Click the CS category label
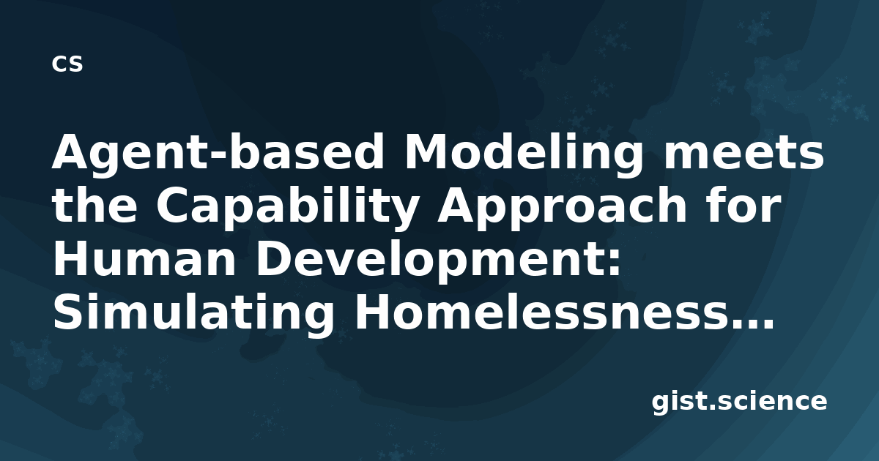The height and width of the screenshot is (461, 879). pyautogui.click(x=67, y=64)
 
